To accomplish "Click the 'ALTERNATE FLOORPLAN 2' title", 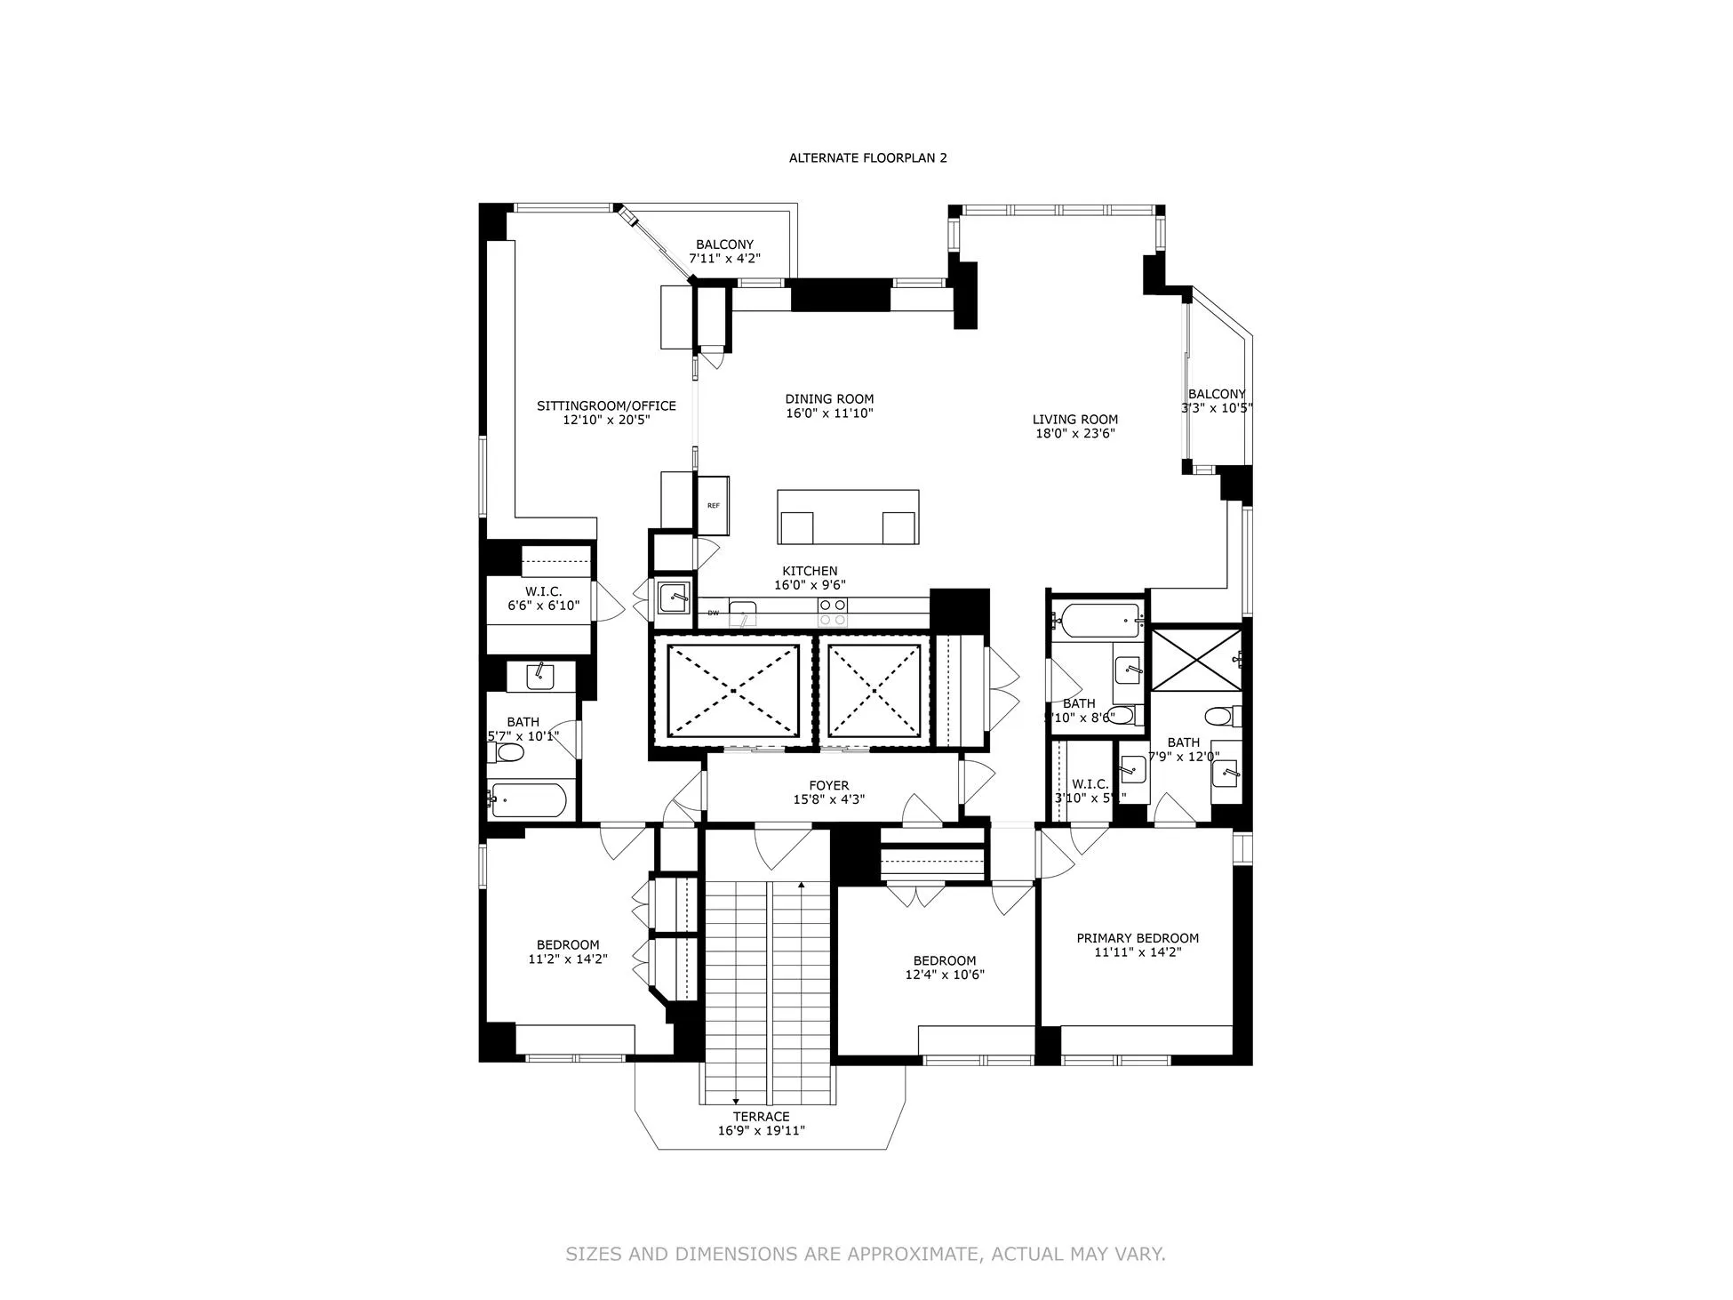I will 867,158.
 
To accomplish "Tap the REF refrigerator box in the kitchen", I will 713,505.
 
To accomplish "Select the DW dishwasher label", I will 713,614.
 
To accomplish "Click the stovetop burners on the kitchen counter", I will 832,612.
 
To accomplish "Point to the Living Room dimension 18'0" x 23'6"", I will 1075,434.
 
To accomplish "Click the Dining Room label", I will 829,399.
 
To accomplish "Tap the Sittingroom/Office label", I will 606,406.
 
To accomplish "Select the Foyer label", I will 828,786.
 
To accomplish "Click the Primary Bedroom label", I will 1138,938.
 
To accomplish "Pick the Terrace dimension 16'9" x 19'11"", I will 761,1131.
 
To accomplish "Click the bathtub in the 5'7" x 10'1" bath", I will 528,800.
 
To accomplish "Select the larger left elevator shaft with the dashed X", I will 732,691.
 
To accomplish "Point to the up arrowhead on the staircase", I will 802,886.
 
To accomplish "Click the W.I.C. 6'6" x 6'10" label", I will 543,591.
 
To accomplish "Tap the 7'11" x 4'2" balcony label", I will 724,259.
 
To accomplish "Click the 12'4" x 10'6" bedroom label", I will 944,960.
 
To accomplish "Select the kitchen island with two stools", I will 847,517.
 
